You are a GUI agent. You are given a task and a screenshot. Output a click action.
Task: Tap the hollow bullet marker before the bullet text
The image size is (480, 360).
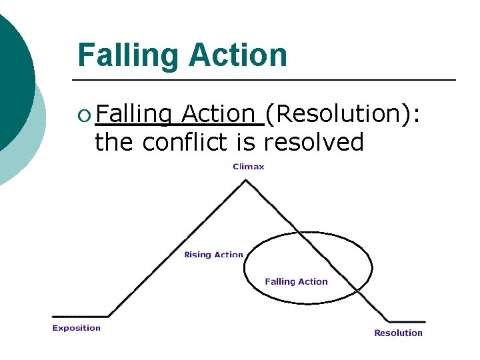click(x=83, y=116)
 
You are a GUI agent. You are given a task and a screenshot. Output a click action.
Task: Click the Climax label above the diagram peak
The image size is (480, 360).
click(x=248, y=167)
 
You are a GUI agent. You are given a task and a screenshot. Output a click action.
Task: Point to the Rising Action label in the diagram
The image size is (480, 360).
click(x=213, y=255)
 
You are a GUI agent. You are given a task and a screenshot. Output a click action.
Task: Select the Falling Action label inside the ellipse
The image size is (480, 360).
click(x=296, y=281)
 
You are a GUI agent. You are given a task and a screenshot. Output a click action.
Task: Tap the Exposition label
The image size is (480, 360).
click(x=76, y=327)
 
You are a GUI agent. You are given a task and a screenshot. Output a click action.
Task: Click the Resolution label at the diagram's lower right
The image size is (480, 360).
click(x=398, y=333)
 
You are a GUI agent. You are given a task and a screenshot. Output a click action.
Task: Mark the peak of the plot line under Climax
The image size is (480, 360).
click(x=248, y=180)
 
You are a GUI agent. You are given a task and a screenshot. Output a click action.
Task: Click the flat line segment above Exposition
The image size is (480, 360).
click(x=80, y=316)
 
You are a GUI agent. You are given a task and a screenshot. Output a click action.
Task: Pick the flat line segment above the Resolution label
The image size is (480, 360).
click(x=407, y=321)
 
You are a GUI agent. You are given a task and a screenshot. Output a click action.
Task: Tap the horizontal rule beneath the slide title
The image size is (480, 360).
click(x=267, y=80)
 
